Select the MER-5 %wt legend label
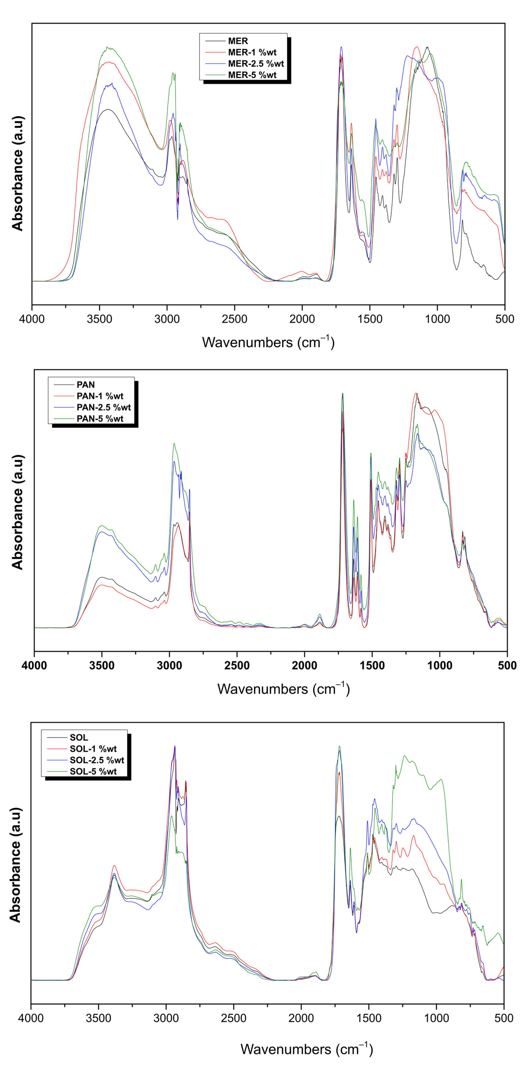(252, 75)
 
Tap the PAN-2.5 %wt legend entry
(104, 407)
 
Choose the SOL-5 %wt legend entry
(93, 771)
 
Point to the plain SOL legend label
(79, 737)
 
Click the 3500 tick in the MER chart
(99, 319)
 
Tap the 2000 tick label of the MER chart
(302, 319)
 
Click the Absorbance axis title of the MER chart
(17, 173)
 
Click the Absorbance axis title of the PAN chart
(17, 512)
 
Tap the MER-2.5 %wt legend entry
(256, 64)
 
